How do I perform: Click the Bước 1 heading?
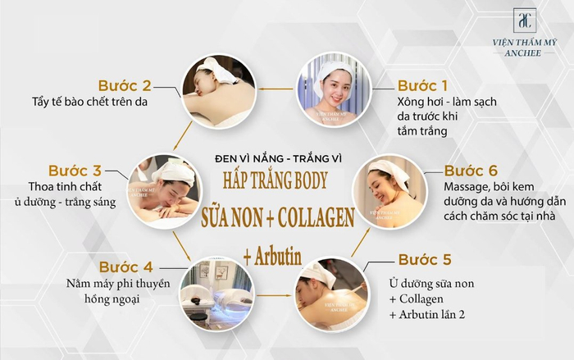click(423, 85)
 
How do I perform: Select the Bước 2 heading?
click(125, 85)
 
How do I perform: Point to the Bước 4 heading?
click(125, 267)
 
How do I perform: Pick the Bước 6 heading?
click(471, 171)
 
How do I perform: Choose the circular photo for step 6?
click(387, 191)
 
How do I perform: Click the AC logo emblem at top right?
click(524, 21)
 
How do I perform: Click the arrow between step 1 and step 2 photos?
click(275, 88)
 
